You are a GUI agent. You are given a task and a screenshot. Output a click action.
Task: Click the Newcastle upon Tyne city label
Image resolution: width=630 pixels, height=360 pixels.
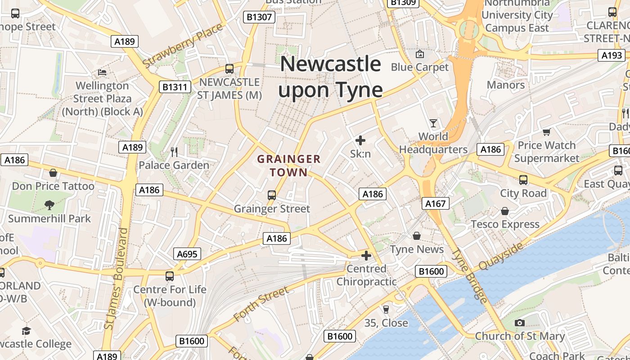[330, 77]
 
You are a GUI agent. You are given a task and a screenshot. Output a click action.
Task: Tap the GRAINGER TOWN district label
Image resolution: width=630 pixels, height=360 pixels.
[289, 165]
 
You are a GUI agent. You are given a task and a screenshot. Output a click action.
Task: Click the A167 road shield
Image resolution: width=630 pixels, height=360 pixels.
[436, 203]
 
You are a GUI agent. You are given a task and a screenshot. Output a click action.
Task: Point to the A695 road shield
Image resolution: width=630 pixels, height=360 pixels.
[187, 254]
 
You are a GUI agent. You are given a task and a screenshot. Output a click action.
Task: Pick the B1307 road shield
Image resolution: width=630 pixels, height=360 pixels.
[259, 17]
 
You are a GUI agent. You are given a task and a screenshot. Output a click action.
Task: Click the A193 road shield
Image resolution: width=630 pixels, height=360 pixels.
[612, 55]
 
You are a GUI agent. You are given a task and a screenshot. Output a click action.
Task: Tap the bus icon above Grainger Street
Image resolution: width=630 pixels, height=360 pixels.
[271, 195]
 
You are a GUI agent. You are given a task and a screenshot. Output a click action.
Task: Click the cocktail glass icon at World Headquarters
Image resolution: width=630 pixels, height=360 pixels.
[433, 123]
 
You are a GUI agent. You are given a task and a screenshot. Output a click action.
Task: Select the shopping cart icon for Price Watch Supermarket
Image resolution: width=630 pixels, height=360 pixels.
[546, 132]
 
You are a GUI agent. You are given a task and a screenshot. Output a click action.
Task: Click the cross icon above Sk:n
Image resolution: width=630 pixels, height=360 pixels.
[360, 140]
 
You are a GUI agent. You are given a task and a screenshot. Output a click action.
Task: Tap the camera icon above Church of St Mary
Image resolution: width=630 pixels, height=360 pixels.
[519, 323]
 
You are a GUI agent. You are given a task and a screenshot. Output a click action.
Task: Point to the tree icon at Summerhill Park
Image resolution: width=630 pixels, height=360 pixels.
[49, 205]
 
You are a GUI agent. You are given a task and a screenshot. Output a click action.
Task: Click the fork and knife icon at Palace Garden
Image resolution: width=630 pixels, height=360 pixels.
[174, 152]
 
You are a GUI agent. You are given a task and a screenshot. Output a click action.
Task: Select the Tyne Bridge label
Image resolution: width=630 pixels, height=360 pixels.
[469, 276]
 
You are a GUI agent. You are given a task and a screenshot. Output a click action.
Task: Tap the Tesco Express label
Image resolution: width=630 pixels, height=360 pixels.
[505, 224]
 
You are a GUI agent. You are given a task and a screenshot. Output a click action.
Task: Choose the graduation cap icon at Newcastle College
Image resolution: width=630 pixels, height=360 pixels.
[26, 331]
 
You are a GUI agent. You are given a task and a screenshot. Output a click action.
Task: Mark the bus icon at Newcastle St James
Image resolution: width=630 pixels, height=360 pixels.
[229, 69]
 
